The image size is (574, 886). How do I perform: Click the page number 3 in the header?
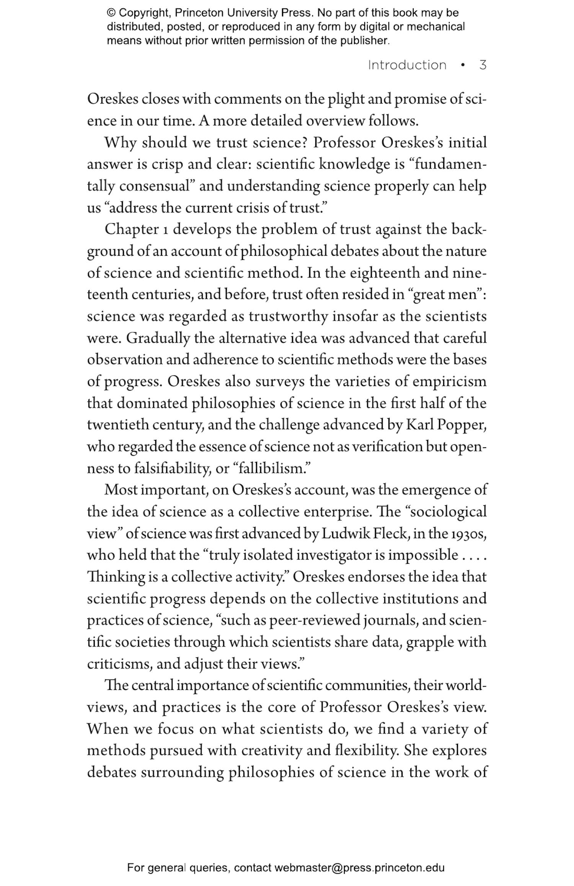point(483,65)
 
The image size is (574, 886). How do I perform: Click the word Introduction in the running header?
point(407,65)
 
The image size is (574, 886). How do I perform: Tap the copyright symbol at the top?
point(111,13)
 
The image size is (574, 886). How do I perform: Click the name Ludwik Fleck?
point(364,534)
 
